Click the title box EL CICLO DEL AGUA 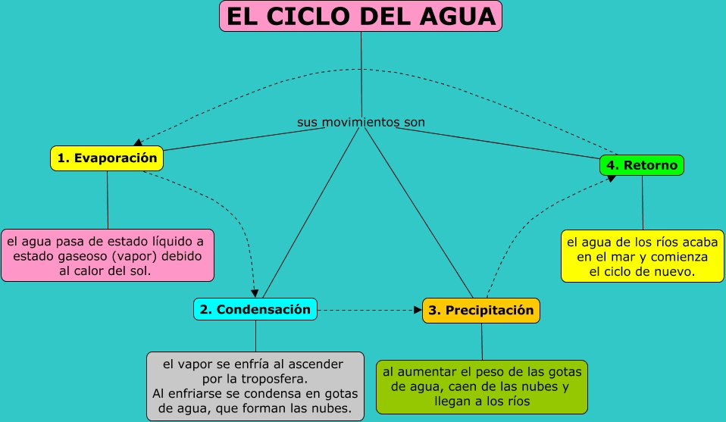click(361, 16)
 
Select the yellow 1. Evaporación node click(107, 158)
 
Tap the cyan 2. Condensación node click(255, 309)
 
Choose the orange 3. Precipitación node click(481, 311)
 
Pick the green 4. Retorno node click(642, 164)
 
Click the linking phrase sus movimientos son click(361, 122)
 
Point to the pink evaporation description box click(108, 256)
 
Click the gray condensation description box click(255, 386)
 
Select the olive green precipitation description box click(482, 386)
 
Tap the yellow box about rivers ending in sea click(643, 257)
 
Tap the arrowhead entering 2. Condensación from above click(255, 293)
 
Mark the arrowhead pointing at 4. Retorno click(611, 177)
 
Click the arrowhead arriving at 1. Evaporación click(137, 142)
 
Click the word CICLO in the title click(319, 16)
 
